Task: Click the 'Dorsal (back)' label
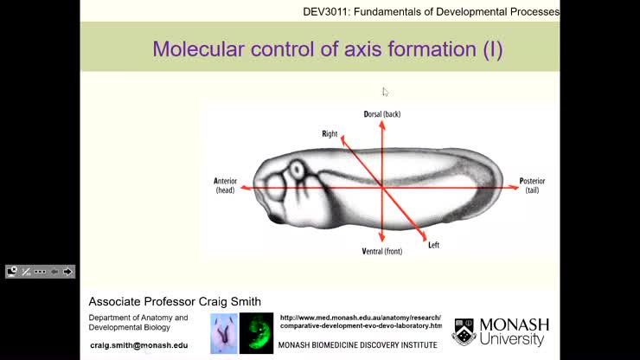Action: coord(381,114)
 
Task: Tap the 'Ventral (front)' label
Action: coord(381,251)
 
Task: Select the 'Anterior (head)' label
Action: coord(225,185)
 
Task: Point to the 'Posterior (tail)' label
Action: coord(532,185)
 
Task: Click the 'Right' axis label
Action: coord(330,134)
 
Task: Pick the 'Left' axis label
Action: coord(433,245)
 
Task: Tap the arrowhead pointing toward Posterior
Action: coord(513,187)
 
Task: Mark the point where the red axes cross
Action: coord(381,187)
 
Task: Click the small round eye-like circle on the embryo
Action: coord(298,169)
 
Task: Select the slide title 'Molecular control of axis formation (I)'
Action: coord(327,49)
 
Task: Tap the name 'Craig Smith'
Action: coord(228,301)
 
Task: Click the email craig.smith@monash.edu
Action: coord(138,345)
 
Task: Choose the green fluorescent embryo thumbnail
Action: coord(256,333)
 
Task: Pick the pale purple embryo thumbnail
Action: coord(224,333)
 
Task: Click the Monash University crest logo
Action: coord(464,331)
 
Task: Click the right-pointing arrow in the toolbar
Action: coord(67,272)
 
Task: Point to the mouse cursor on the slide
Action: coord(386,92)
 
